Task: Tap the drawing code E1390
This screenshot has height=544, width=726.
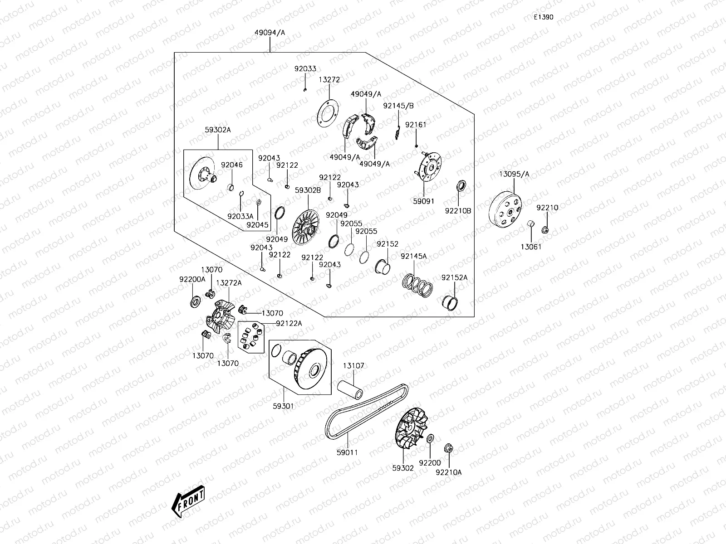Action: (543, 18)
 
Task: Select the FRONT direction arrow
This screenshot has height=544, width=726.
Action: (188, 504)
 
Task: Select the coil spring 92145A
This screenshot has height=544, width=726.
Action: (417, 284)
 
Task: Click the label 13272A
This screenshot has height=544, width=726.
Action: (229, 283)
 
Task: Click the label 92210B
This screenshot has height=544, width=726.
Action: (458, 211)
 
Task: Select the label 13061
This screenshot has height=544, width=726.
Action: (531, 247)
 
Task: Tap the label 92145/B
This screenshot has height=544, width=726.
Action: (398, 106)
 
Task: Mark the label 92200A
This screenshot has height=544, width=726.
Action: (192, 279)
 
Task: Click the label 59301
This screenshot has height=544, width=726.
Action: (283, 406)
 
